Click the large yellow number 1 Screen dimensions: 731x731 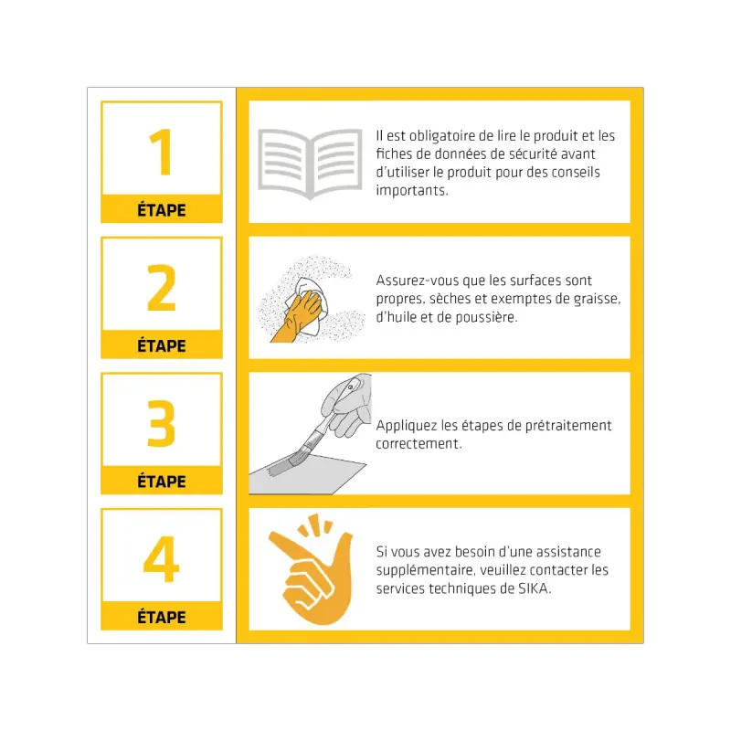pos(162,152)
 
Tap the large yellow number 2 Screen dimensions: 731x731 pos(162,287)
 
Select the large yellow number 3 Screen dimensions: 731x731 pos(162,423)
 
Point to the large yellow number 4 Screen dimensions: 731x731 pos(162,558)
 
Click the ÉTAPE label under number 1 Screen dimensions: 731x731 pos(162,210)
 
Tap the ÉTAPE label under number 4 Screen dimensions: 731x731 pos(162,618)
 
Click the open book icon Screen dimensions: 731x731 pos(310,164)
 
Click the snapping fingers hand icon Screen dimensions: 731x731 pos(311,569)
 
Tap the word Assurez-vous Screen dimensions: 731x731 pos(411,281)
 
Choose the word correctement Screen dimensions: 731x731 pos(418,444)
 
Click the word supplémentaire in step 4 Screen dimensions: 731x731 pos(425,570)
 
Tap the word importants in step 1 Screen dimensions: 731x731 pos(411,191)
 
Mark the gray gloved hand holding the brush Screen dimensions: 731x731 pos(347,405)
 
